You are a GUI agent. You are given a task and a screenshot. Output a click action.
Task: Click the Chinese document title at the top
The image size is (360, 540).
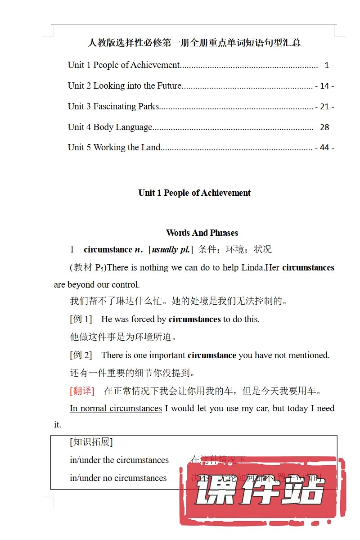[194, 43]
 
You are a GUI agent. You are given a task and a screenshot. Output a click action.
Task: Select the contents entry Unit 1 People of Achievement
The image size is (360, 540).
[124, 65]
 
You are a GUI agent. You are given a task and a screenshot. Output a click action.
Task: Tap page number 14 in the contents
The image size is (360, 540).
[324, 86]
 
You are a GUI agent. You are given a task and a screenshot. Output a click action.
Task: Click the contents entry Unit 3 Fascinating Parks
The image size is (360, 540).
[113, 107]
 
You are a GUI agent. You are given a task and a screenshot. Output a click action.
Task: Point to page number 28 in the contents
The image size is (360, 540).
[324, 127]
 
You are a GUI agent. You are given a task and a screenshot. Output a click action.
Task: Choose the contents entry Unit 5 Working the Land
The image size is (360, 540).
[114, 148]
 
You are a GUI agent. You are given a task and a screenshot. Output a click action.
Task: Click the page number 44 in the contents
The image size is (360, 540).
[324, 148]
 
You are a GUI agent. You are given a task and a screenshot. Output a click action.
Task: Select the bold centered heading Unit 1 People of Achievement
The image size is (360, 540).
[194, 193]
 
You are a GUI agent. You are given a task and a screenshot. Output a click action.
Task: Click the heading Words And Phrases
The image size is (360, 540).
[202, 233]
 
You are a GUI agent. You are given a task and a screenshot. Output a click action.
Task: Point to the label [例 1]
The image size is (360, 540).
[81, 319]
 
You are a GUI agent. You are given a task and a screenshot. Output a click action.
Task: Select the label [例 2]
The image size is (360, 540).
[81, 355]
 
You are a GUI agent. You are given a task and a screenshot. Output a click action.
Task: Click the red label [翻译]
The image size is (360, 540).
[82, 391]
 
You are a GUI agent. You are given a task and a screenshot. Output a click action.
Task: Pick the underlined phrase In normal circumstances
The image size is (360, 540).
[116, 409]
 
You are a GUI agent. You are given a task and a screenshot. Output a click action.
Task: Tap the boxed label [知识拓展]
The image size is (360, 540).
[91, 442]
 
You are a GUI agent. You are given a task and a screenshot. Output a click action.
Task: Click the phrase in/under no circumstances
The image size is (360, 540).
[118, 478]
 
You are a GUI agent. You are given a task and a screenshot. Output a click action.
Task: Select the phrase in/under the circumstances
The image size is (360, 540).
[119, 460]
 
